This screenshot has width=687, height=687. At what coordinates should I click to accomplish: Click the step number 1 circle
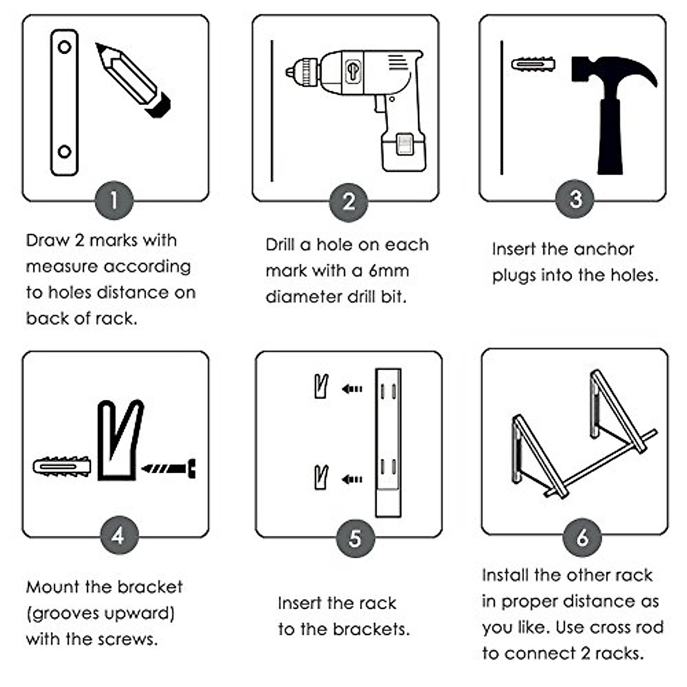[114, 200]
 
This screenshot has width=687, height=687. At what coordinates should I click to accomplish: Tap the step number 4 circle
[118, 536]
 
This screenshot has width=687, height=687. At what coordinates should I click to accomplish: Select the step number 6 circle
[582, 537]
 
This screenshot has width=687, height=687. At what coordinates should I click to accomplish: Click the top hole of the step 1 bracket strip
[65, 47]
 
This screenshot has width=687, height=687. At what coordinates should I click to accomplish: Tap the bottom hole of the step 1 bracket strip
[65, 152]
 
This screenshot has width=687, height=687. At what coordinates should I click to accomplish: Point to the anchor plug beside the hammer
[533, 64]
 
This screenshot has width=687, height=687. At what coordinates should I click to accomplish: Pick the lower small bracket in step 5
[322, 477]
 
